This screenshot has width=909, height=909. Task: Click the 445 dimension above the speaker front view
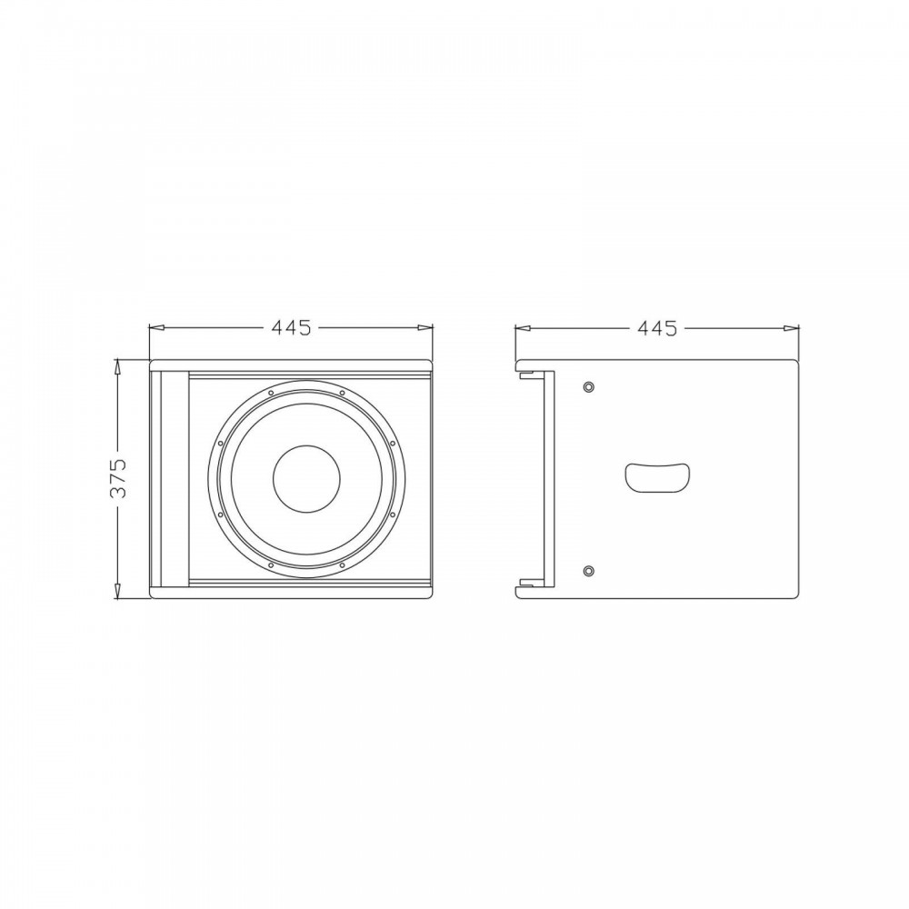click(291, 328)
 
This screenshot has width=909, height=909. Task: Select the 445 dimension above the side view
click(657, 328)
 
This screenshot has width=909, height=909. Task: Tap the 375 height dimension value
click(118, 478)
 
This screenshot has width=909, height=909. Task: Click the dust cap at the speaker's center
click(306, 479)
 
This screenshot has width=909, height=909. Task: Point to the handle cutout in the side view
click(657, 478)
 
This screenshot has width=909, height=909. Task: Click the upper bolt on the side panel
click(589, 386)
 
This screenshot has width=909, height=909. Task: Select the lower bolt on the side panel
click(589, 571)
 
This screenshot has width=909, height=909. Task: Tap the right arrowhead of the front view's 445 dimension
click(425, 328)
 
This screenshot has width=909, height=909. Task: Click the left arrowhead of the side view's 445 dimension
click(523, 328)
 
